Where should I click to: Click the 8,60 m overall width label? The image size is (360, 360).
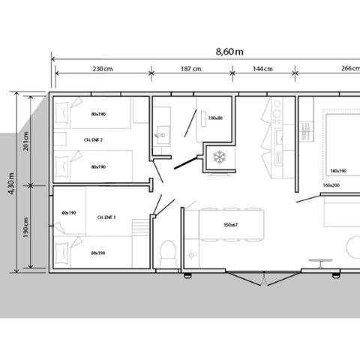[x=229, y=51]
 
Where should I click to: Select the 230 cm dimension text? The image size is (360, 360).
[x=102, y=69]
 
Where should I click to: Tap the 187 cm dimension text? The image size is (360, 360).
[x=191, y=69]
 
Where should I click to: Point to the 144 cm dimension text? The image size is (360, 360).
[x=262, y=69]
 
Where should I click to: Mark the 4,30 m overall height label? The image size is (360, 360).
[x=10, y=181]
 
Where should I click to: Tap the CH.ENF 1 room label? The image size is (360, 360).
[x=106, y=217]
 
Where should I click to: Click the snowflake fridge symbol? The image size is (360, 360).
[x=220, y=157]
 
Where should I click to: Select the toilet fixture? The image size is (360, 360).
[x=169, y=250]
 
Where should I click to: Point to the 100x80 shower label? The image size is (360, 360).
[x=215, y=118]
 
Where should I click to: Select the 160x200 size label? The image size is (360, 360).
[x=331, y=184]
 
